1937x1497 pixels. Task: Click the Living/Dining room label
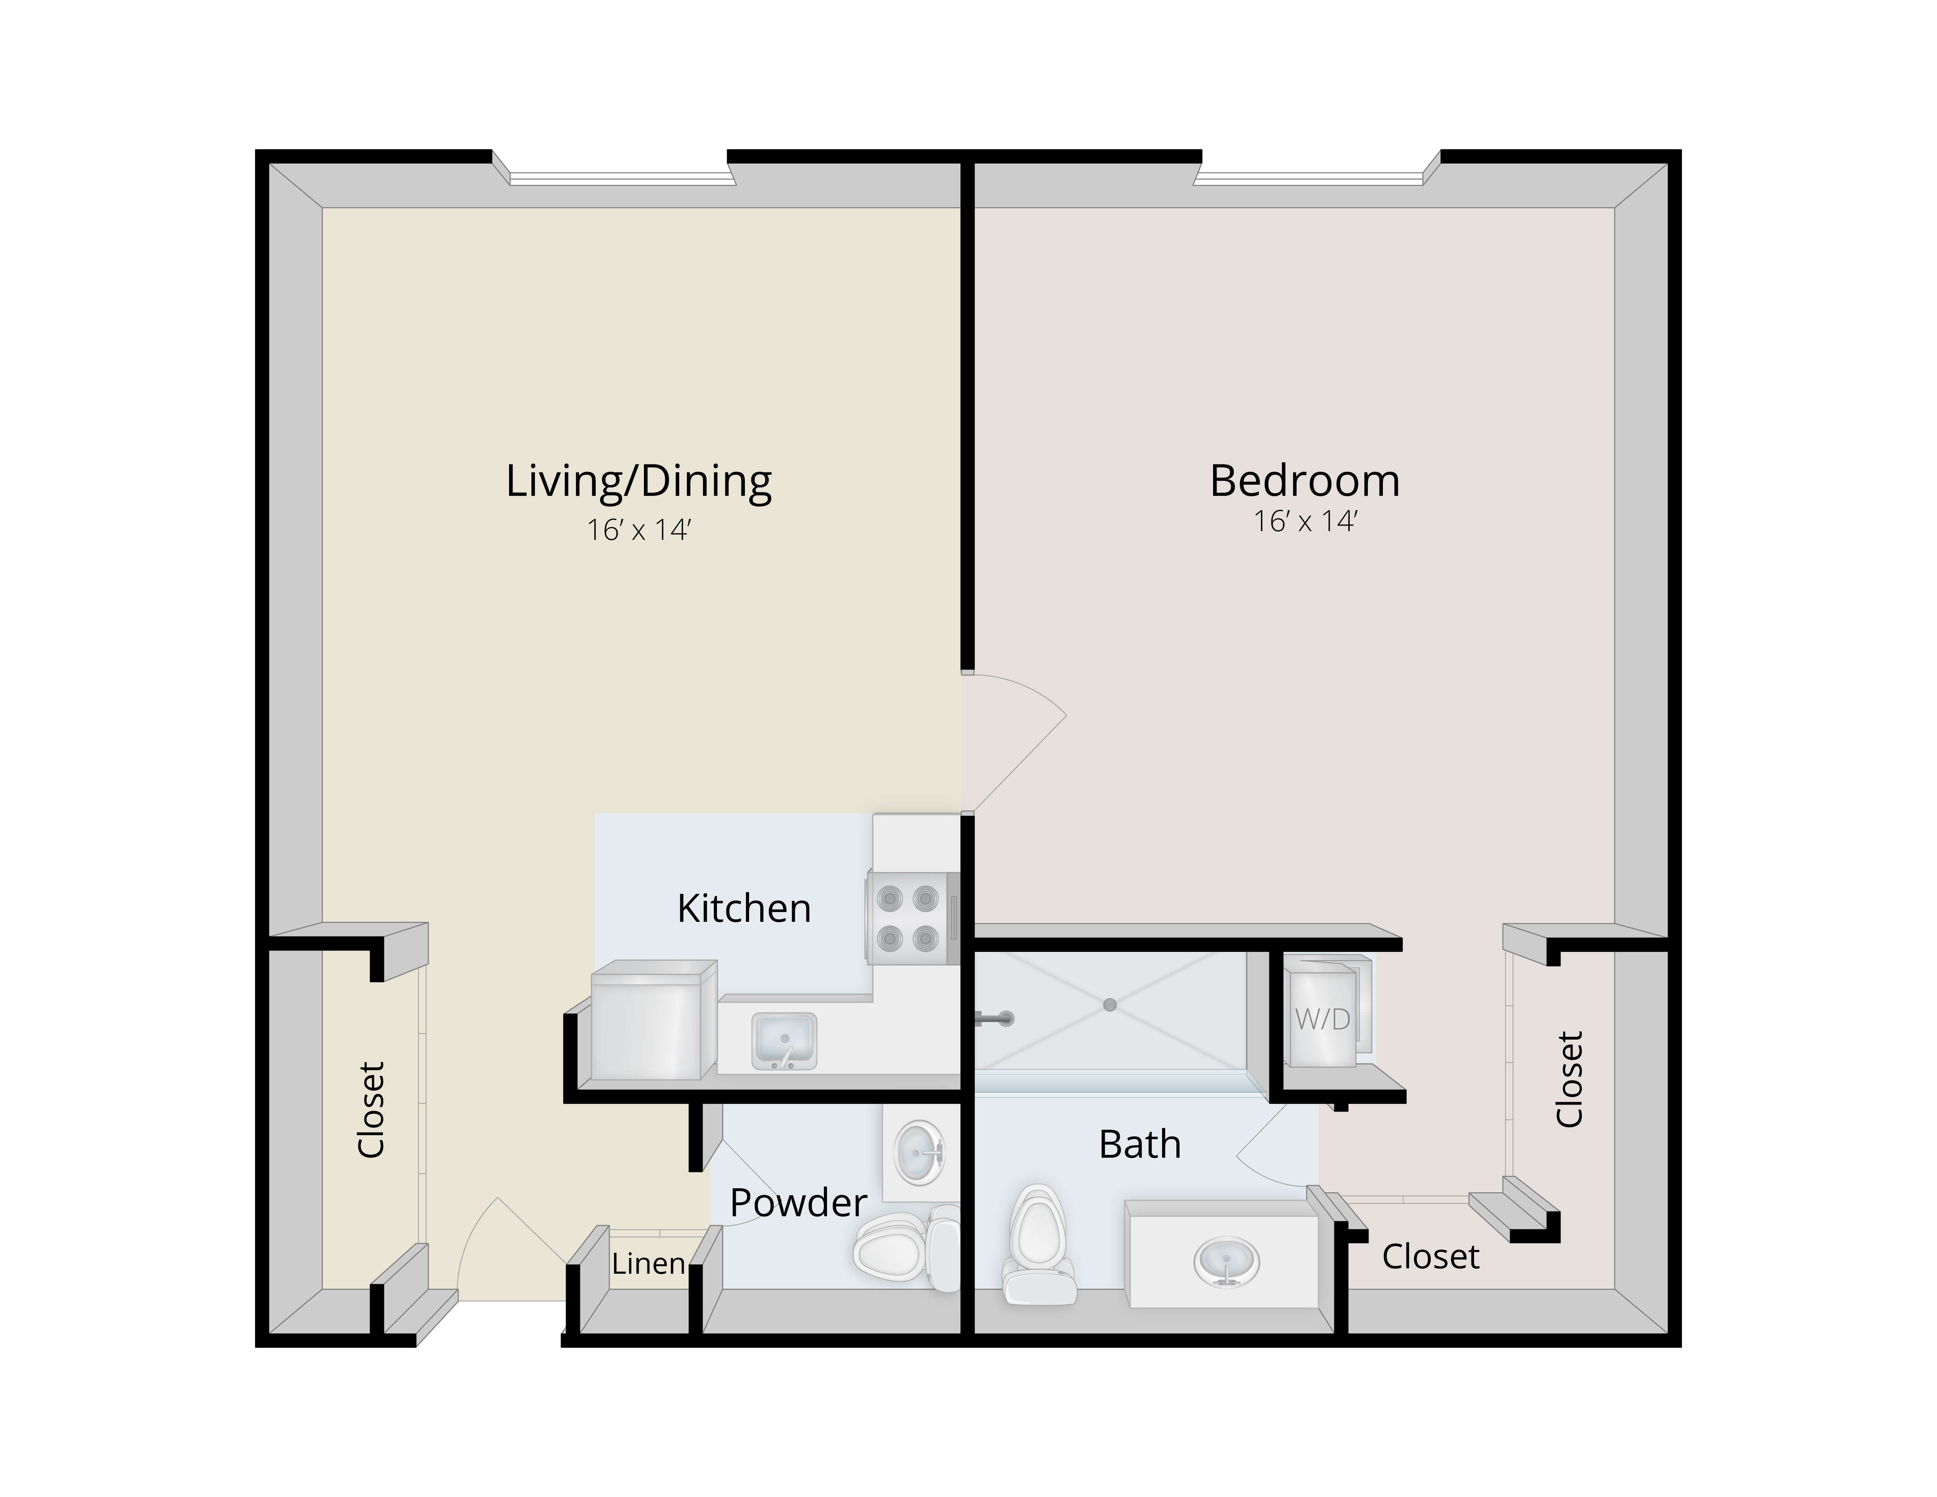pyautogui.click(x=639, y=482)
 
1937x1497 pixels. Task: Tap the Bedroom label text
pyautogui.click(x=1305, y=481)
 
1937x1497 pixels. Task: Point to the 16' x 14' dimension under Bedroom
pyautogui.click(x=1306, y=521)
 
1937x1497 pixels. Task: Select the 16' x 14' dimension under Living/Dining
pyautogui.click(x=639, y=530)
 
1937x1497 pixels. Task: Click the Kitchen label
pyautogui.click(x=744, y=908)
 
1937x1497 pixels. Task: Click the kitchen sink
pyautogui.click(x=784, y=1041)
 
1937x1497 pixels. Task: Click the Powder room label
pyautogui.click(x=798, y=1202)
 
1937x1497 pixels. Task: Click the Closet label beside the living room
pyautogui.click(x=371, y=1109)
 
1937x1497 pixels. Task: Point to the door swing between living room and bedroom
pyautogui.click(x=1014, y=743)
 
